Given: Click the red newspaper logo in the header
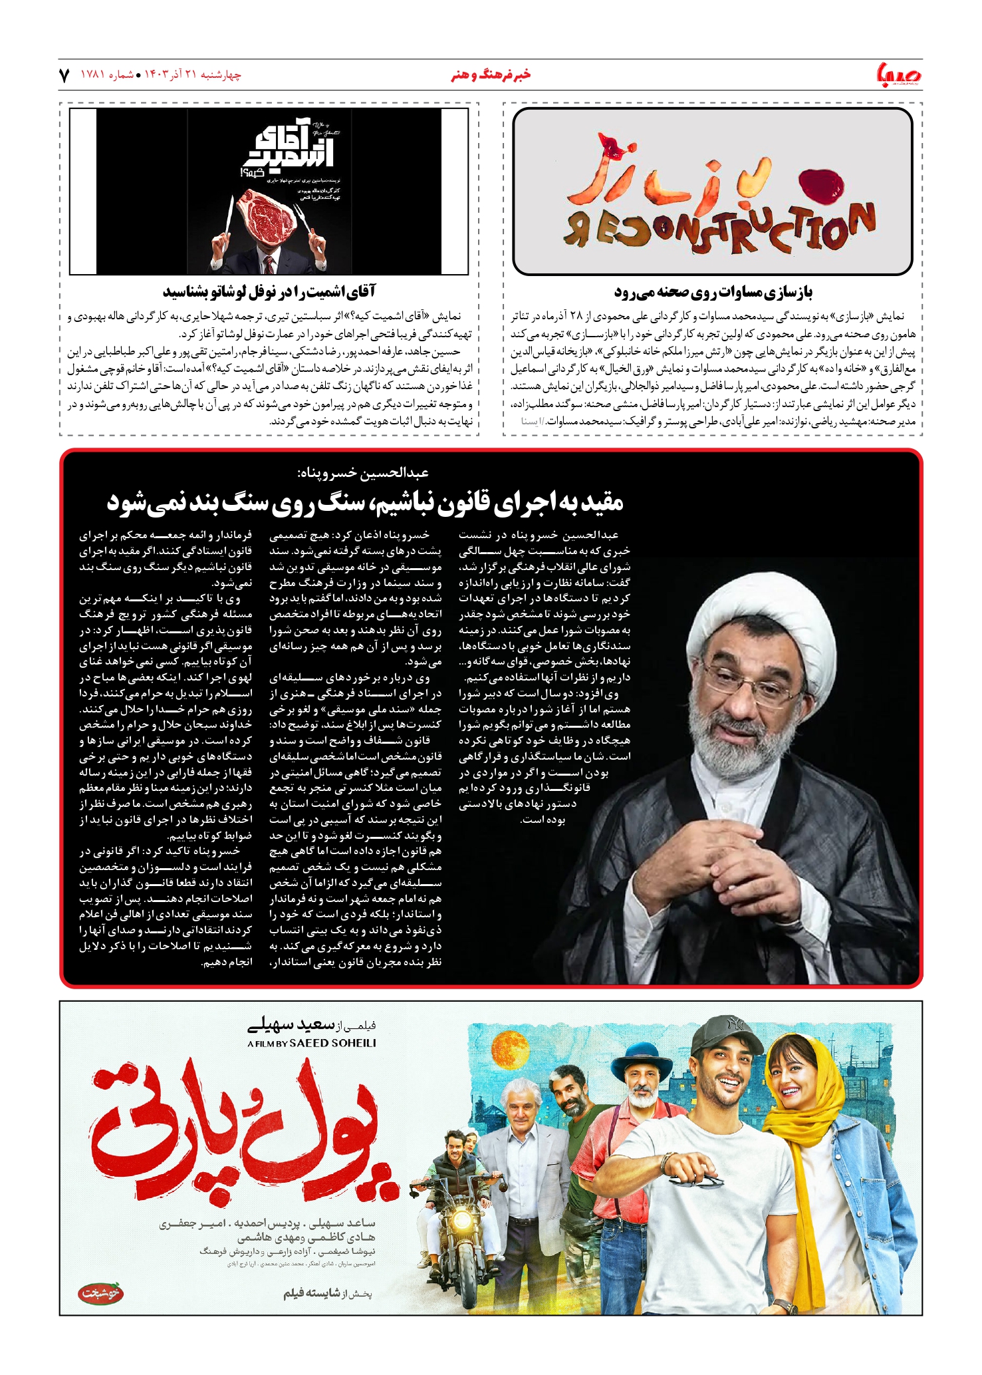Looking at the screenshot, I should [899, 75].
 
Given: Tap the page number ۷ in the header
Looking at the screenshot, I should [64, 75].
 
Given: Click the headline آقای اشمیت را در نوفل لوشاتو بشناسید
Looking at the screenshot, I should [269, 292].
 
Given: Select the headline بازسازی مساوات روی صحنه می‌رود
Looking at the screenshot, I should [713, 292].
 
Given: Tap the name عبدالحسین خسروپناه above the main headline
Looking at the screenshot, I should [363, 473].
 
